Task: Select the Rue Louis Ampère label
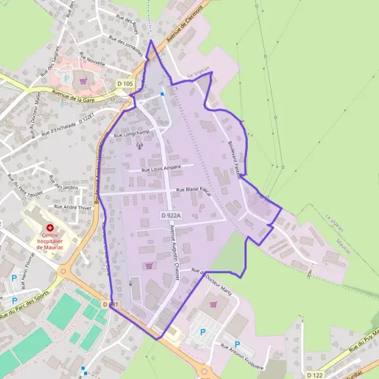click(161, 168)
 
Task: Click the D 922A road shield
click(171, 215)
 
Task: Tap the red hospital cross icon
click(49, 227)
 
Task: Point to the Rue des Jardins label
click(66, 186)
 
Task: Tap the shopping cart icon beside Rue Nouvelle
click(83, 80)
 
